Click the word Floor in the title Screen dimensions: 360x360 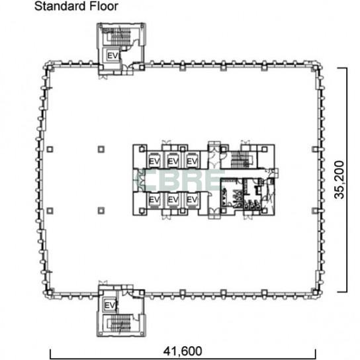(x=104, y=6)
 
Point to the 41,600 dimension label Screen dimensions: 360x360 (x=183, y=351)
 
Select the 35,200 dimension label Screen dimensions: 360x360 (x=339, y=179)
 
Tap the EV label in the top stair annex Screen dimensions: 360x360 (x=112, y=56)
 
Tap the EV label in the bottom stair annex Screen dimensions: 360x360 (x=110, y=306)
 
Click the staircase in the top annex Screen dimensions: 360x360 (x=120, y=36)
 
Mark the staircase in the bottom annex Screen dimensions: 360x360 (x=120, y=323)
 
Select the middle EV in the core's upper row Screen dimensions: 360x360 (x=173, y=161)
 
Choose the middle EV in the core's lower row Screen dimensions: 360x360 (x=173, y=200)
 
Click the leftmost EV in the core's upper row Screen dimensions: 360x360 (x=154, y=161)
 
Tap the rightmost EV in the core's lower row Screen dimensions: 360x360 (x=192, y=200)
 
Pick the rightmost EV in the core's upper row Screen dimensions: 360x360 (x=192, y=161)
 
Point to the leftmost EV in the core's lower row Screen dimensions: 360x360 (x=154, y=200)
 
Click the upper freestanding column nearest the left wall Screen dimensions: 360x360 (x=50, y=150)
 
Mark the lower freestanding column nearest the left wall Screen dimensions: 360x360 (x=50, y=210)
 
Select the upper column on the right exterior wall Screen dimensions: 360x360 (x=315, y=150)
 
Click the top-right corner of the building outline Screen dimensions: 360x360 (x=321, y=64)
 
